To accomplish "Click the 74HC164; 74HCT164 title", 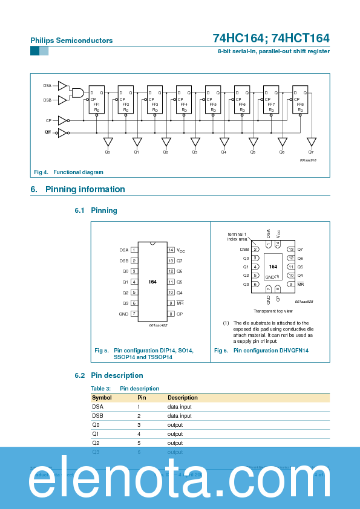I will tap(270, 38).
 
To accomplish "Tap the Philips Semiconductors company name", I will tap(71, 41).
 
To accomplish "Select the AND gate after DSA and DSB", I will tap(78, 92).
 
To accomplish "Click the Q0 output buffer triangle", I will tap(108, 142).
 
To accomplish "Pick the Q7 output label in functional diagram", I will tap(311, 152).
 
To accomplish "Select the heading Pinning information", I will tap(85, 189).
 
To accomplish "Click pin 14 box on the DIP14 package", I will tap(171, 250).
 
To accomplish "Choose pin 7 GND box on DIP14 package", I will tap(134, 314).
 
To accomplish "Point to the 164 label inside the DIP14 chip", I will tap(152, 282).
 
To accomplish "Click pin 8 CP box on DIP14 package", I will tap(171, 314).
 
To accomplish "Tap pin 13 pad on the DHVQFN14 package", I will tap(290, 249).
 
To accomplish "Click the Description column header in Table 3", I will tap(183, 398).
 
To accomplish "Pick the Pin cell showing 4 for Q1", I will tap(139, 434).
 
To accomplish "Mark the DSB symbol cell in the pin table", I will tap(97, 416).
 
